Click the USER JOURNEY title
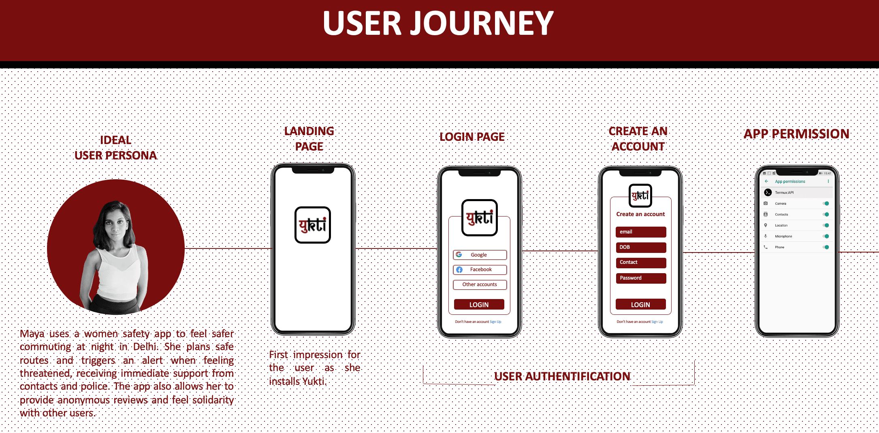tap(438, 23)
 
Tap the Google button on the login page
tap(480, 255)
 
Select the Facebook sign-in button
tap(480, 270)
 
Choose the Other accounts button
tap(480, 284)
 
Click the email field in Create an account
tap(640, 232)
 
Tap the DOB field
tap(640, 247)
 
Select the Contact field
tap(640, 263)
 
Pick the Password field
tap(640, 278)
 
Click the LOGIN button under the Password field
tap(640, 305)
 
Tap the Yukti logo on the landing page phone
tap(313, 225)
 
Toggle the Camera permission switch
tap(826, 204)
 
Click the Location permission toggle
tap(826, 225)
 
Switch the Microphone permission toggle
tap(826, 236)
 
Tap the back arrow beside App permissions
tap(766, 181)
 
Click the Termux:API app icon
tap(768, 193)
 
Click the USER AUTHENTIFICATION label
tap(562, 376)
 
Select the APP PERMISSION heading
tap(796, 134)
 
